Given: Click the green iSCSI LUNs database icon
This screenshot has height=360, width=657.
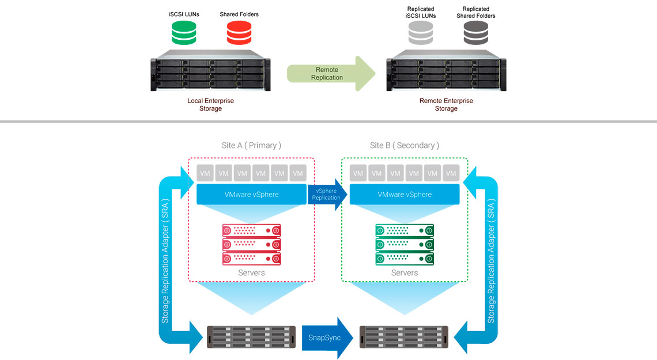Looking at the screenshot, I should tap(184, 33).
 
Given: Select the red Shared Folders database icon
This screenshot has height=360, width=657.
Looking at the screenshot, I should tap(239, 33).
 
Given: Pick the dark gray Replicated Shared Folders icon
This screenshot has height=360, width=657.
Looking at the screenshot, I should tap(476, 33).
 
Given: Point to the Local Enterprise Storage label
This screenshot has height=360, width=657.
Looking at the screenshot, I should tap(210, 104).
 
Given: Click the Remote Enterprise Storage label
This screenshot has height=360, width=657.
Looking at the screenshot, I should tap(445, 104).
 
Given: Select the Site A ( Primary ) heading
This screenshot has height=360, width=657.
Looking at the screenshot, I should tap(251, 145).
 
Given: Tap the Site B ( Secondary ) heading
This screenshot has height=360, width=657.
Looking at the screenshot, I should tap(404, 145).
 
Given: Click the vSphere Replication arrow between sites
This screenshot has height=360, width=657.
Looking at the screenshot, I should tap(327, 194).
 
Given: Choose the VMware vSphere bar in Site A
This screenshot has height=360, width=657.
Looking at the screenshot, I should tap(251, 195).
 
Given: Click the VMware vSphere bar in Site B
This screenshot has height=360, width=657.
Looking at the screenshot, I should tap(404, 195).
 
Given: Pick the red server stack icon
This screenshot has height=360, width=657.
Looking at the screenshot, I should tap(251, 244).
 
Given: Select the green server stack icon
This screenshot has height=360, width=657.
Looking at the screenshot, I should tap(404, 244).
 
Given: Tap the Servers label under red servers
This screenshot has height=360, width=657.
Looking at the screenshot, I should tap(251, 272).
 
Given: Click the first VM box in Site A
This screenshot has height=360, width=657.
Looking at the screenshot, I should tap(205, 173).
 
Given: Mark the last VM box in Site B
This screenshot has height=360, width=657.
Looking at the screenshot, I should tap(451, 173).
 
